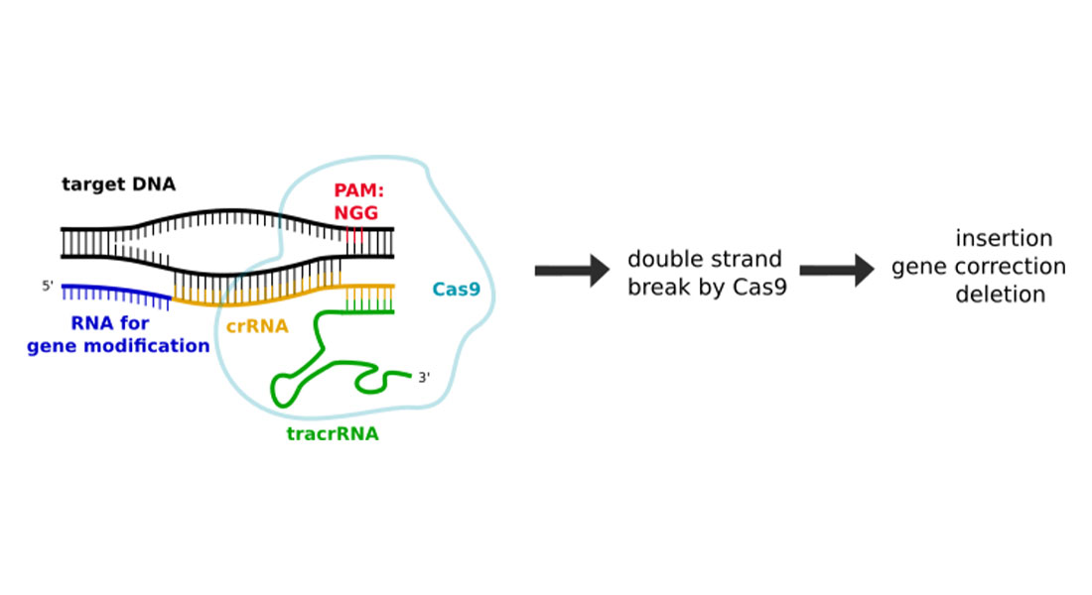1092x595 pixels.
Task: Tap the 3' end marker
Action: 424,378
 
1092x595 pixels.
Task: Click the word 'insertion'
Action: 1003,239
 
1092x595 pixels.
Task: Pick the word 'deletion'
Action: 1001,295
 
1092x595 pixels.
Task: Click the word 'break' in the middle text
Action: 659,290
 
